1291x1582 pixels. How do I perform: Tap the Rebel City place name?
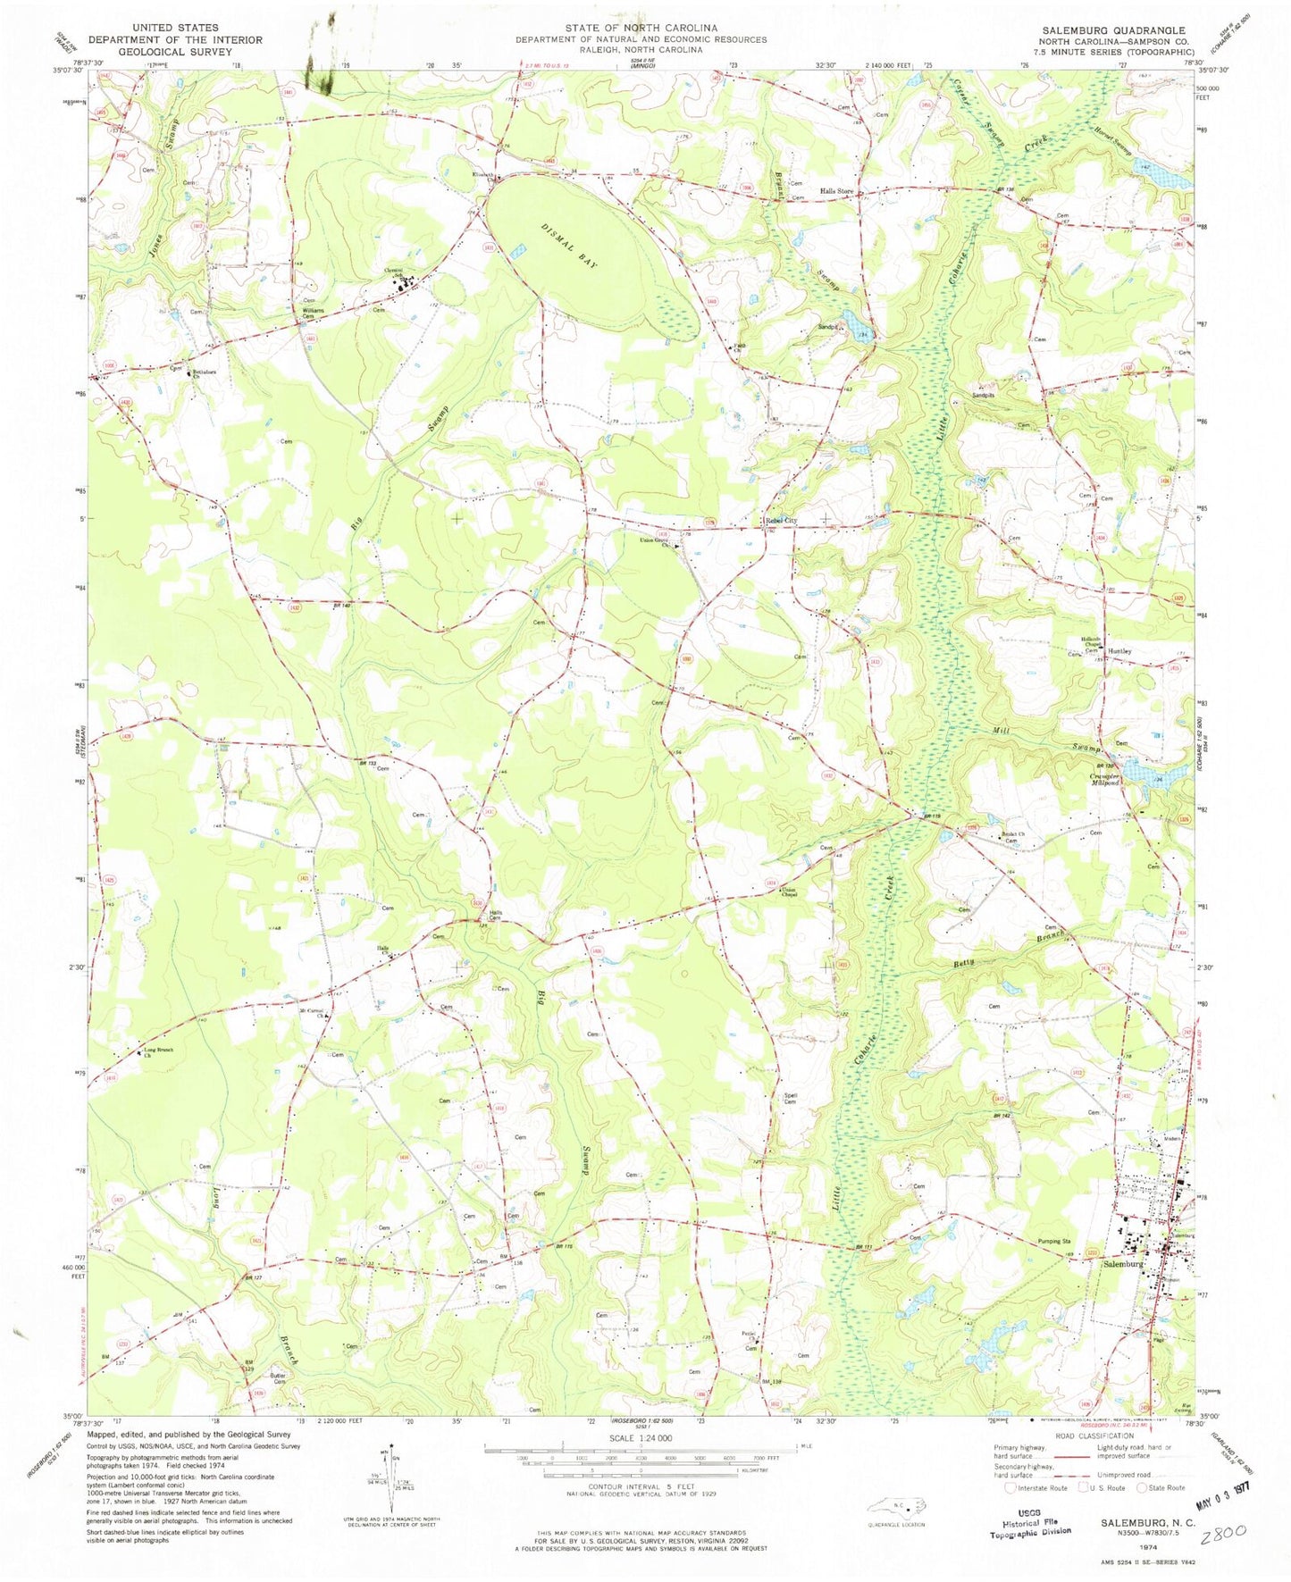click(x=780, y=521)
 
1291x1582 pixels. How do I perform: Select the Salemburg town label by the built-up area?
click(x=1123, y=1265)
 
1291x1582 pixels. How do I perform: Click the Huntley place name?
click(x=1120, y=651)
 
